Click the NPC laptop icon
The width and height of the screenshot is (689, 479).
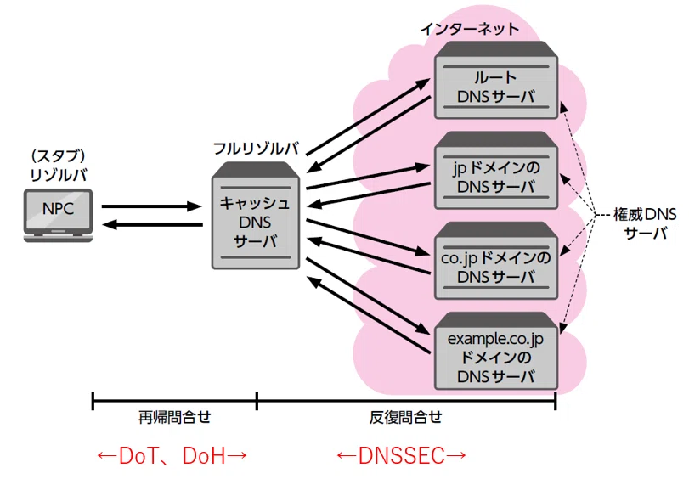click(x=58, y=216)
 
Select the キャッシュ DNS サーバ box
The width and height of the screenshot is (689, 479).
click(x=256, y=216)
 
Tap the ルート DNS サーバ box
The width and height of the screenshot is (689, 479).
click(x=496, y=80)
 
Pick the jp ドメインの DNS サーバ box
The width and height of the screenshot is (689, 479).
click(x=496, y=170)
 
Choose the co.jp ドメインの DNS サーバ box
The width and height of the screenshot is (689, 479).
click(x=496, y=261)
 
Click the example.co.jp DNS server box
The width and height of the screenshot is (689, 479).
click(x=496, y=351)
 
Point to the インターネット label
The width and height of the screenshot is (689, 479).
click(x=470, y=29)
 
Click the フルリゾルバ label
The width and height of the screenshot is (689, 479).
click(x=257, y=149)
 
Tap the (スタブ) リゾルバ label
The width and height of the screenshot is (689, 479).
click(x=59, y=166)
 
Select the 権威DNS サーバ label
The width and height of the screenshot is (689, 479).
click(x=645, y=223)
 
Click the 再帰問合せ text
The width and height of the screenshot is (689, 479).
click(x=174, y=417)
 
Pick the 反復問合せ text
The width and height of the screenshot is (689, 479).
click(x=405, y=417)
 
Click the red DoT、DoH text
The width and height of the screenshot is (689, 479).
click(x=172, y=455)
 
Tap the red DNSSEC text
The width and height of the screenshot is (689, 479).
click(x=402, y=455)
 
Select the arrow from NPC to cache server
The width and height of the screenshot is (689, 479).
click(x=151, y=206)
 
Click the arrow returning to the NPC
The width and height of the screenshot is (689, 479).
click(x=152, y=224)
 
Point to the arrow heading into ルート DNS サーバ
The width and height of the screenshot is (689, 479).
click(x=368, y=117)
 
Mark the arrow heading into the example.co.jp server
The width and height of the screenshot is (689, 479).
click(x=367, y=296)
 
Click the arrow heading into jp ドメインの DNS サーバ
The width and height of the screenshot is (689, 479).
click(x=368, y=178)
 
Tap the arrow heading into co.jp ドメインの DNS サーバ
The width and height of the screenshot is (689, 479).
click(x=368, y=237)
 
